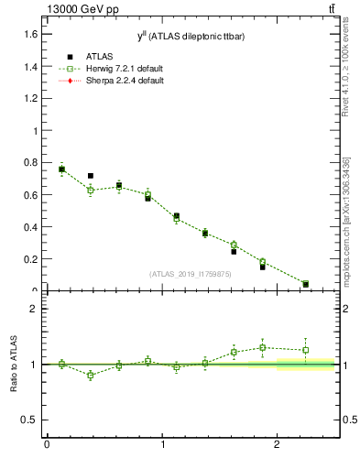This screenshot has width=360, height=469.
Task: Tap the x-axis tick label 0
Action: (47, 445)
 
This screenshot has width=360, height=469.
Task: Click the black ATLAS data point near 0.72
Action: (90, 176)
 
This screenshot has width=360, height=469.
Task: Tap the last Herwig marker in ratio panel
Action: (305, 350)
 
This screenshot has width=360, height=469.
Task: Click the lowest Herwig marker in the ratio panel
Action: (90, 375)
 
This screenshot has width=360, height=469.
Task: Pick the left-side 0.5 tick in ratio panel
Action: (32, 420)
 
